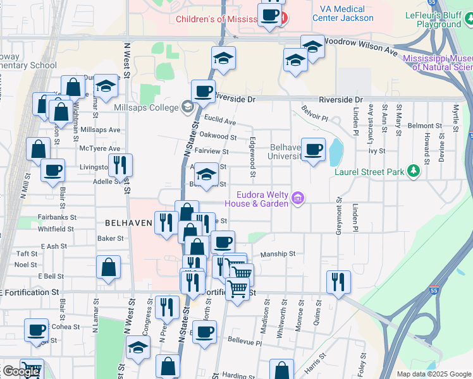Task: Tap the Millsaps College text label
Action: [146, 107]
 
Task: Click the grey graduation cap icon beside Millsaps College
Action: [188, 106]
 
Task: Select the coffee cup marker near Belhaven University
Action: [314, 150]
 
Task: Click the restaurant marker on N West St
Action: [120, 165]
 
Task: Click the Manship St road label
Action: [279, 254]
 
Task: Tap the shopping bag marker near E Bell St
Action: [109, 267]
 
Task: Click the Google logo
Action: [21, 371]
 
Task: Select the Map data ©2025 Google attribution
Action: [434, 374]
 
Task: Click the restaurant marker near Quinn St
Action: [339, 282]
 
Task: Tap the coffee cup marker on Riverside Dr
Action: [203, 92]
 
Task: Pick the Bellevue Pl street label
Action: [245, 343]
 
